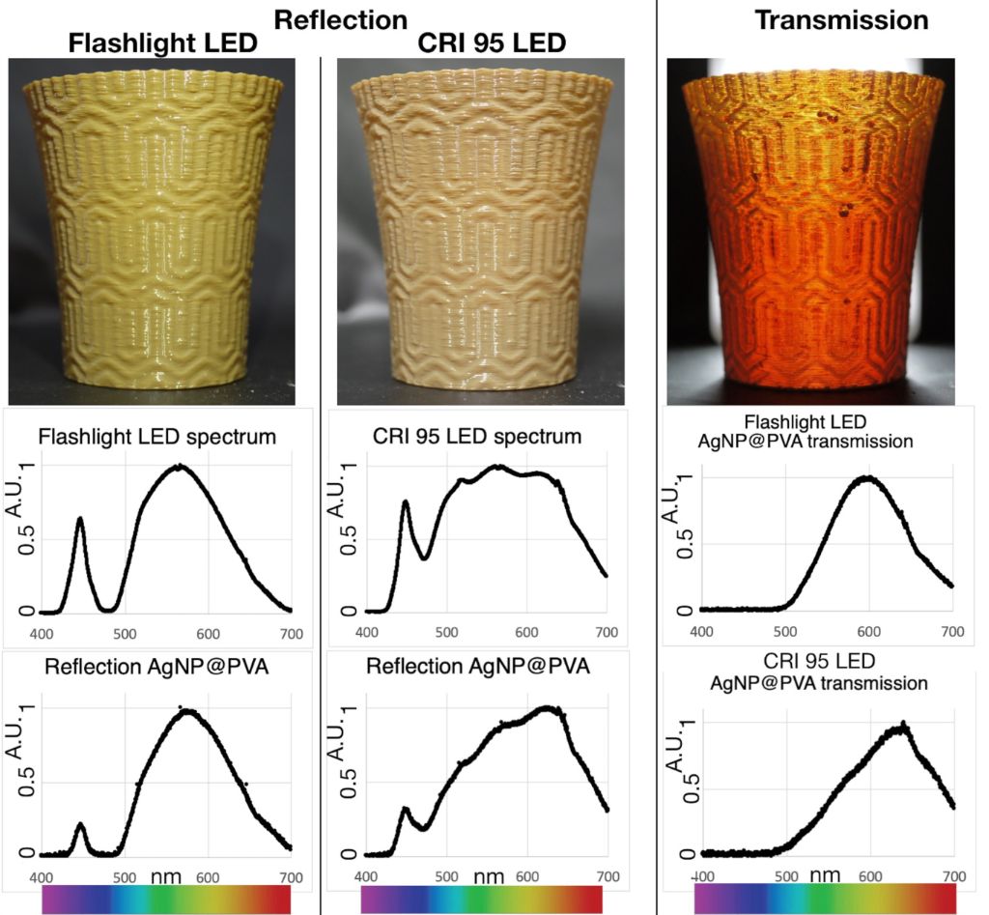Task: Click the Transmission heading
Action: click(x=841, y=19)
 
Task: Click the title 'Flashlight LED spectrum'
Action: click(x=157, y=437)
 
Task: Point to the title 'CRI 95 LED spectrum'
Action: click(x=477, y=437)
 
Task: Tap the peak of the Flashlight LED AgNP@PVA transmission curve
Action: click(x=868, y=478)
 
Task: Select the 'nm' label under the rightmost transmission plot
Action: click(x=824, y=874)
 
